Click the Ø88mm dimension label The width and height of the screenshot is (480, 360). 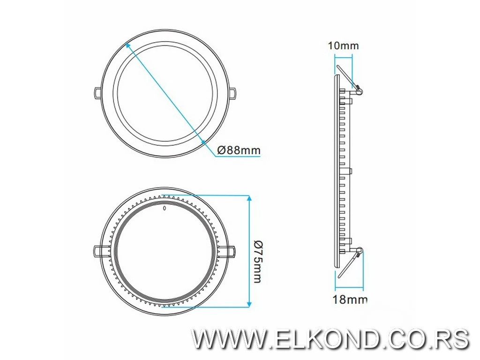239,150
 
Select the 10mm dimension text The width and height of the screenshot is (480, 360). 343,45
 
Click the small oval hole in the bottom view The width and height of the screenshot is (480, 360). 165,208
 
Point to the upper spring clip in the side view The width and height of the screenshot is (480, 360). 348,78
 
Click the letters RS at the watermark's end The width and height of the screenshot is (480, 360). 452,338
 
